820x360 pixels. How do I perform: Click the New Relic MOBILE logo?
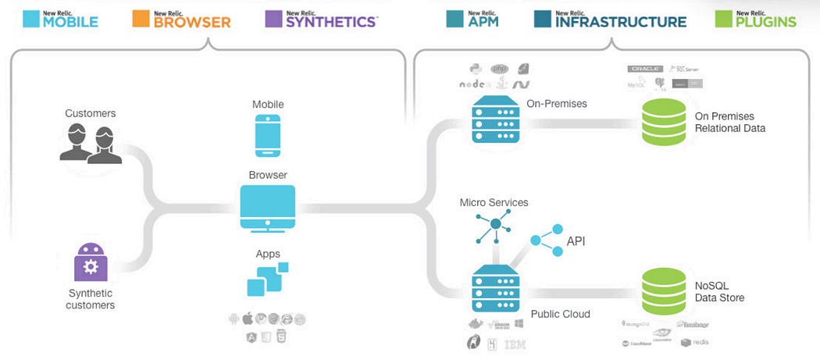(x=59, y=19)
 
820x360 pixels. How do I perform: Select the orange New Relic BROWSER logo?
(x=184, y=19)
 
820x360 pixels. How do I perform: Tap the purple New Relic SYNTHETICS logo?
(x=321, y=19)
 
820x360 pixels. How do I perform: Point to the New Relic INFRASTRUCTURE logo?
(x=611, y=19)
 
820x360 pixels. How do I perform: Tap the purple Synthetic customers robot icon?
(x=91, y=262)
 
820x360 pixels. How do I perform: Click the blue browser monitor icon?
(x=267, y=208)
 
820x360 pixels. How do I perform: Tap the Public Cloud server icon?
(x=495, y=289)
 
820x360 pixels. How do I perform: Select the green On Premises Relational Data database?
(x=663, y=122)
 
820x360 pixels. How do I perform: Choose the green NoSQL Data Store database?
(x=663, y=290)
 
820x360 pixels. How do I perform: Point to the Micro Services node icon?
(x=494, y=226)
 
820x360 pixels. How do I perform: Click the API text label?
(x=576, y=242)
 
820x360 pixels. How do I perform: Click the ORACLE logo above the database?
(x=645, y=69)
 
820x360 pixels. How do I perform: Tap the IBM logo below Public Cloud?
(x=515, y=344)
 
